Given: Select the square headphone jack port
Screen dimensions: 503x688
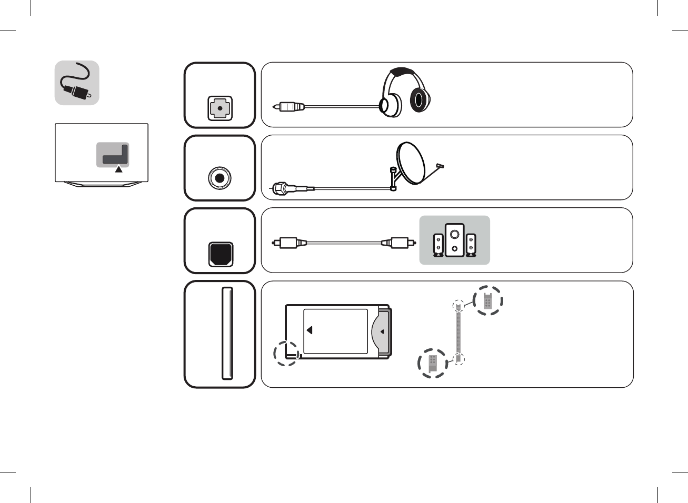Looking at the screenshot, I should pos(220,109).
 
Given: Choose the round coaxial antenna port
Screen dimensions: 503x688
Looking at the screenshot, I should pos(220,178).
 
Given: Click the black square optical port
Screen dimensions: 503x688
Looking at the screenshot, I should pos(221,254).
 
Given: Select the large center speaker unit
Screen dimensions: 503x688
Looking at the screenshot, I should pos(454,240).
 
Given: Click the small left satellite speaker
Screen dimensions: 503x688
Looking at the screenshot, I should pos(438,245).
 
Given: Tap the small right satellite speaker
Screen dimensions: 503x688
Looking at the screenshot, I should pos(471,245).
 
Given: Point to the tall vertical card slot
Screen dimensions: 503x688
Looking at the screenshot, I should pos(227,333).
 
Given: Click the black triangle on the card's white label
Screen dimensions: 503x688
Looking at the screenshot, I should pos(310,330).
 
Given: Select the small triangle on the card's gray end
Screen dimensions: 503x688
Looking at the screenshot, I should pos(382,331).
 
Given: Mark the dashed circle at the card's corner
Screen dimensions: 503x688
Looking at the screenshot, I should pos(286,353).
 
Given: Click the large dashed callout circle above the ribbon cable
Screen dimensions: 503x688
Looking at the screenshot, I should pos(488,300).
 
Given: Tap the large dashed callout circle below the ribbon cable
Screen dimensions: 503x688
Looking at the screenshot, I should pos(433,363).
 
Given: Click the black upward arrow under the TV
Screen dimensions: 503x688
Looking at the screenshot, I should pos(119,169).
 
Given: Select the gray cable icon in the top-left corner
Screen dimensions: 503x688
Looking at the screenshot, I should pos(77,83).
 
